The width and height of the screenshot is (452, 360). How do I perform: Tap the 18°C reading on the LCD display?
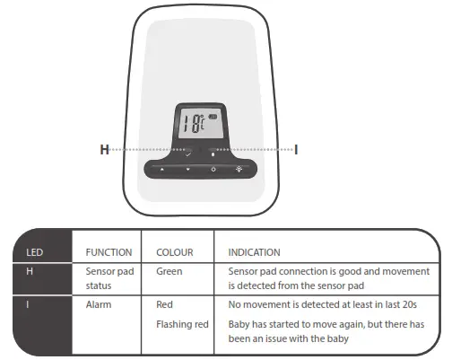191,124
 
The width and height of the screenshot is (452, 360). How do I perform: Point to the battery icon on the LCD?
213,118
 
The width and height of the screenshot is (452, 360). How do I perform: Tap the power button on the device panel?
213,169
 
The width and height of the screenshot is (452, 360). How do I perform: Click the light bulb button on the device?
239,169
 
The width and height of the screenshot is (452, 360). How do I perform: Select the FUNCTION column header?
109,252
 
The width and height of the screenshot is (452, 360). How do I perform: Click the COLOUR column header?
175,252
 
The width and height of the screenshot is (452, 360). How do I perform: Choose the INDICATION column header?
255,252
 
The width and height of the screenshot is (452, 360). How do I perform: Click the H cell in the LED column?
28,270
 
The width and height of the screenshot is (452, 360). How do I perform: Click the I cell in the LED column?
27,304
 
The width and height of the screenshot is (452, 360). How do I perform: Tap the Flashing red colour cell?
182,321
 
